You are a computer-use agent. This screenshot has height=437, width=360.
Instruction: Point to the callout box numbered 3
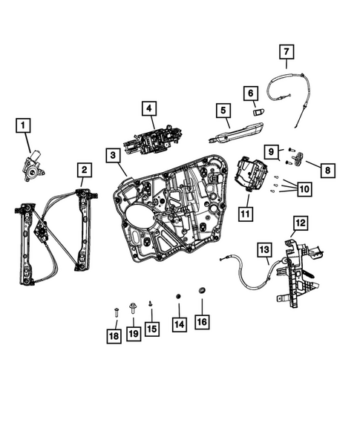point(111,155)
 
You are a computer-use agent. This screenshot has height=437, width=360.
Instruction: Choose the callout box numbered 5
point(220,111)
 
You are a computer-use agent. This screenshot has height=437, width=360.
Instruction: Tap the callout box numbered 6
point(250,92)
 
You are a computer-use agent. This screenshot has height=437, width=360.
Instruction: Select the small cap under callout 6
point(258,111)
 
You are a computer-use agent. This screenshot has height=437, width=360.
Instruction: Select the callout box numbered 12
point(299,222)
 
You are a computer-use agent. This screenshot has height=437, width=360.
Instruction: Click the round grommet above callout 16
point(202,291)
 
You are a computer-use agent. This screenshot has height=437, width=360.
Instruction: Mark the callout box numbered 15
point(151,327)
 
